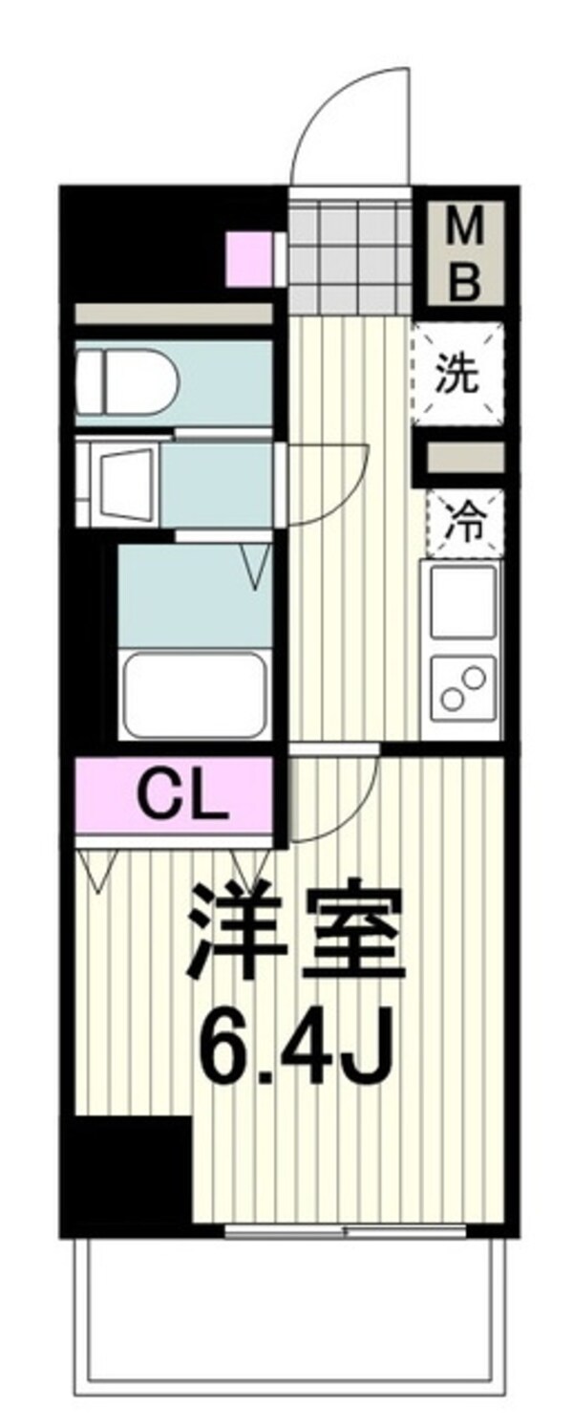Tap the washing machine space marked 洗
point(457,374)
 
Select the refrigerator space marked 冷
point(464,524)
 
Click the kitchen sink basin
point(463,602)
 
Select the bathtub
point(195,694)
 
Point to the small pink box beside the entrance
point(249,259)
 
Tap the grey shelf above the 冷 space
point(464,457)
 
